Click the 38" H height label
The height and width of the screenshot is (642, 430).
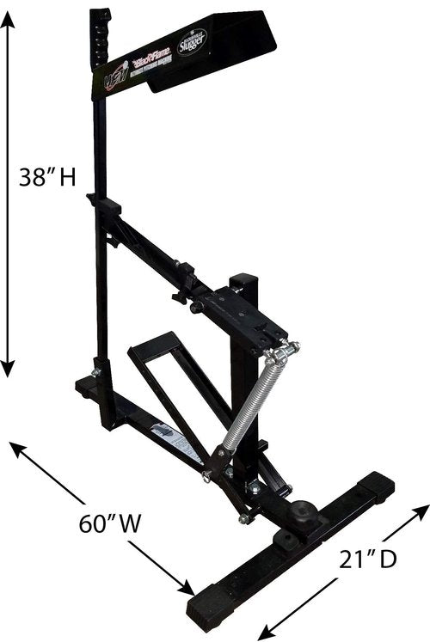pos(47,178)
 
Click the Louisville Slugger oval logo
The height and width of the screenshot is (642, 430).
pos(192,45)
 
